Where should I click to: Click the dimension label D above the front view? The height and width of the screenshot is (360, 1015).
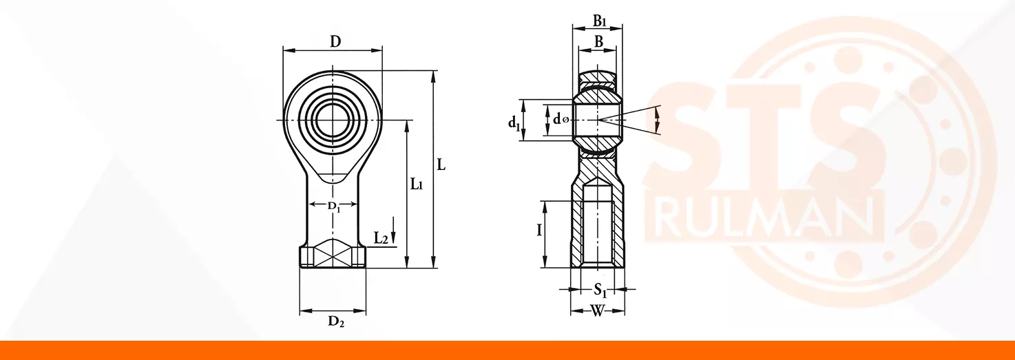click(335, 42)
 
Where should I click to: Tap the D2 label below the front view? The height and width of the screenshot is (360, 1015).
click(336, 321)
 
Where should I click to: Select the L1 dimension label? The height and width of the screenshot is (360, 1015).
click(417, 184)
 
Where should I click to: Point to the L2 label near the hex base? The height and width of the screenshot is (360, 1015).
click(381, 238)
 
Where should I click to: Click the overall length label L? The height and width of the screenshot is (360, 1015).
click(441, 165)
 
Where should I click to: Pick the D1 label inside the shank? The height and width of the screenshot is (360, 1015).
click(334, 207)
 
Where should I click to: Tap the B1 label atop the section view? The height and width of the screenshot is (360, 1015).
click(600, 21)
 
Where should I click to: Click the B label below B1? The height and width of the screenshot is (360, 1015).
click(598, 42)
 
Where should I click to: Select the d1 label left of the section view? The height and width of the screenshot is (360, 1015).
click(514, 123)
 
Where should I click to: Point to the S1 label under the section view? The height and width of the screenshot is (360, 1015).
click(600, 290)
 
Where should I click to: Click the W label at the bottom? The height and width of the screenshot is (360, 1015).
click(598, 311)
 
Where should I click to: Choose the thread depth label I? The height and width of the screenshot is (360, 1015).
click(539, 231)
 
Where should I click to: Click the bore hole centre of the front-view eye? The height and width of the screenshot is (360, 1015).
click(333, 120)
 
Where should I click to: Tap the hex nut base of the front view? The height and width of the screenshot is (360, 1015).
click(333, 257)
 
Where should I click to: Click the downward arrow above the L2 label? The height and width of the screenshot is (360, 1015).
click(393, 230)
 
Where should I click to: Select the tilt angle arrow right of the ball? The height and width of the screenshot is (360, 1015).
click(658, 120)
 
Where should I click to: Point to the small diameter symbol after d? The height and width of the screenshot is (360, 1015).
click(565, 120)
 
